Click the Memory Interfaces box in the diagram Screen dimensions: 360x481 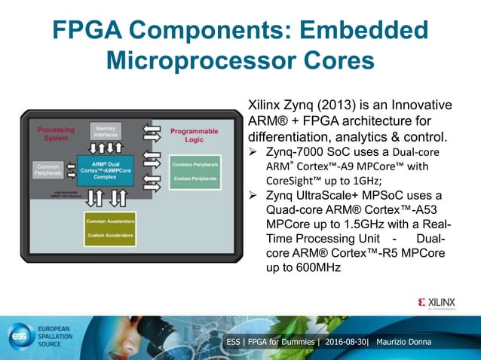pos(105,132)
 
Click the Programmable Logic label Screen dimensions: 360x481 pos(194,135)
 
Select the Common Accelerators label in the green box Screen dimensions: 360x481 pos(110,221)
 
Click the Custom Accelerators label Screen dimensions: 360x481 pos(110,236)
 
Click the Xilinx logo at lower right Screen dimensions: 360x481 pos(437,303)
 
